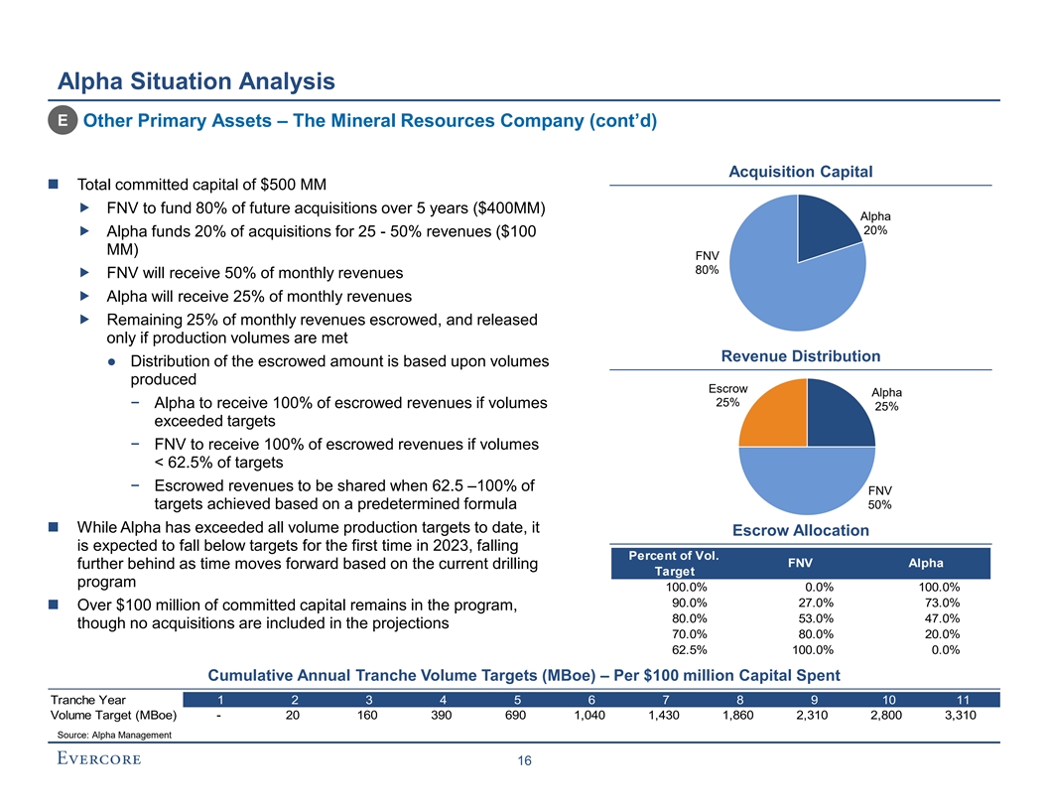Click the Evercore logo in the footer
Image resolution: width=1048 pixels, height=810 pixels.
click(x=96, y=759)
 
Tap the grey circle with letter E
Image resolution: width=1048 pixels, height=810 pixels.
click(x=63, y=121)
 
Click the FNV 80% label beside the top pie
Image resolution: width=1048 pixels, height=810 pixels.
click(x=707, y=264)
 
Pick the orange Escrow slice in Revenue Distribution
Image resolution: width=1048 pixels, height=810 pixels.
click(x=774, y=414)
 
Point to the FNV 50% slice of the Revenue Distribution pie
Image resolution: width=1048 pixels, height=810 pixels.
click(x=806, y=481)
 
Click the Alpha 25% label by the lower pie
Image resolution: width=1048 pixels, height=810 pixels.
click(x=887, y=399)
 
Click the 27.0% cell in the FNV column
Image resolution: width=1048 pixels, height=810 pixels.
click(x=816, y=602)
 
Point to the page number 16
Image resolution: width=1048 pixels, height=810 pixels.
click(x=524, y=760)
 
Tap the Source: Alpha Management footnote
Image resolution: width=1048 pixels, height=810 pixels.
click(x=111, y=735)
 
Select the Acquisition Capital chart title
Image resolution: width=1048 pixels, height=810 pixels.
click(x=800, y=172)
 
